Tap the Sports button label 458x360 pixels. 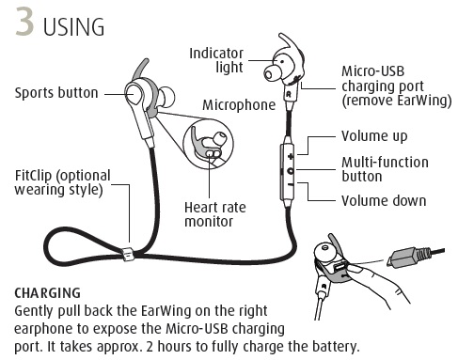click(x=55, y=92)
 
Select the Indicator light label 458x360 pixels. click(x=219, y=59)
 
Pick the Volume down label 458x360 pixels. click(x=384, y=199)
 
